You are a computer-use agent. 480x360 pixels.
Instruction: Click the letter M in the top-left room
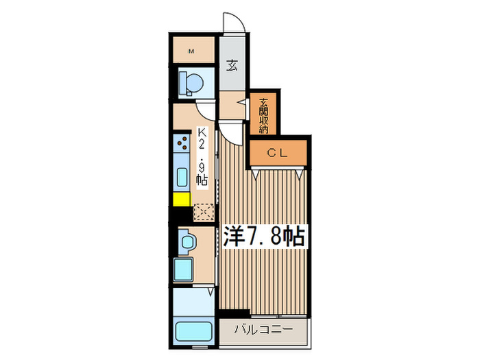[192, 51]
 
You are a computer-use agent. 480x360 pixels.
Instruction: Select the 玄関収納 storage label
[264, 115]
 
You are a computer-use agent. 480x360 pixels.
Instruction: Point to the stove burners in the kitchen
[182, 145]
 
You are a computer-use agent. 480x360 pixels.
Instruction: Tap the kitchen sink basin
[182, 178]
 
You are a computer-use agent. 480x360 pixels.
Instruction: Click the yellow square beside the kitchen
[181, 200]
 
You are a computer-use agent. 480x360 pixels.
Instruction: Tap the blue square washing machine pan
[184, 269]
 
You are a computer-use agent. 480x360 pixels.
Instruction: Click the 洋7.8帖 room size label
[263, 236]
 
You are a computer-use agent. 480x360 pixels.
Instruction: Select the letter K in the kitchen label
[202, 134]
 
